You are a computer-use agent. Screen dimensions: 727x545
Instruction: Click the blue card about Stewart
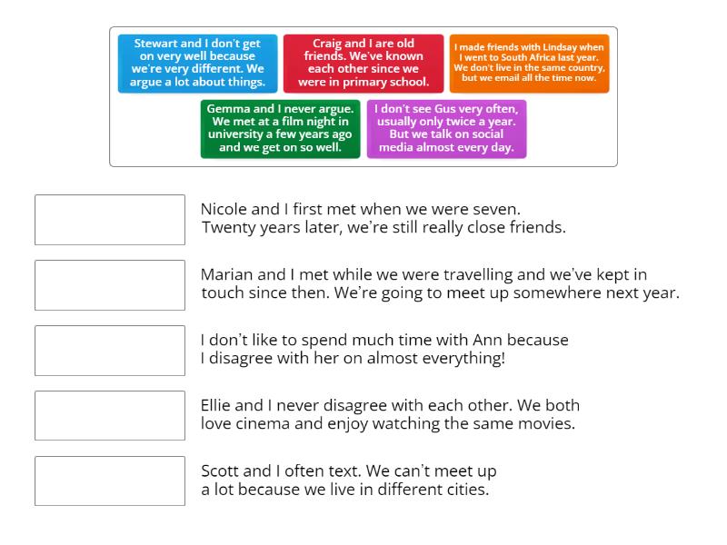click(197, 64)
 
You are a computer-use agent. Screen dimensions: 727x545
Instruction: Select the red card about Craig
click(363, 64)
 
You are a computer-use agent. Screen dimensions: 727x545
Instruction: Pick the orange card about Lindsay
click(529, 64)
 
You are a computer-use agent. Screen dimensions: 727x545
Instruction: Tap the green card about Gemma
click(281, 129)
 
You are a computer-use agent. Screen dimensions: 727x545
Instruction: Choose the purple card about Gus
click(446, 129)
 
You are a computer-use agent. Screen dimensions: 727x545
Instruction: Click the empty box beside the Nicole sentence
click(110, 220)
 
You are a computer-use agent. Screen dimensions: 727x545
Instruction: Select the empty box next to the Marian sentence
click(110, 285)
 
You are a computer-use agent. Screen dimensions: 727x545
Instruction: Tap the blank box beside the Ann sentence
click(110, 351)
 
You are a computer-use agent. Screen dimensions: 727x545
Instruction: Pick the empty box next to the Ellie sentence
click(110, 416)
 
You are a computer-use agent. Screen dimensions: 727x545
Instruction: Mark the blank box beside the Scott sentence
click(110, 481)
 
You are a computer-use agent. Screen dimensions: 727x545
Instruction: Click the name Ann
click(487, 340)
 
